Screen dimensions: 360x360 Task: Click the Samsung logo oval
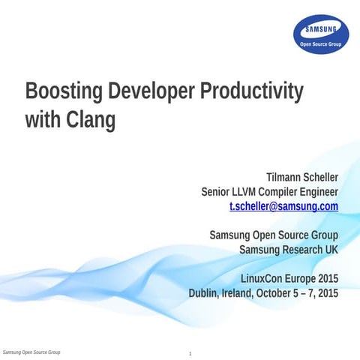click(320, 35)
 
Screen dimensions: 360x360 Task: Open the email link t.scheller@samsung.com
click(283, 205)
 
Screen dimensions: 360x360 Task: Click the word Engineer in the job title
click(316, 191)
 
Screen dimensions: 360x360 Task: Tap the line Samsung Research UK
click(288, 249)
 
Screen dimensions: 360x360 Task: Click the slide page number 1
click(190, 353)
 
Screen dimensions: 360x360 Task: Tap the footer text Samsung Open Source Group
click(31, 352)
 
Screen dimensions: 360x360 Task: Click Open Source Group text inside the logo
click(320, 44)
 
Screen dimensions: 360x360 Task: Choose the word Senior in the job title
click(218, 191)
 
